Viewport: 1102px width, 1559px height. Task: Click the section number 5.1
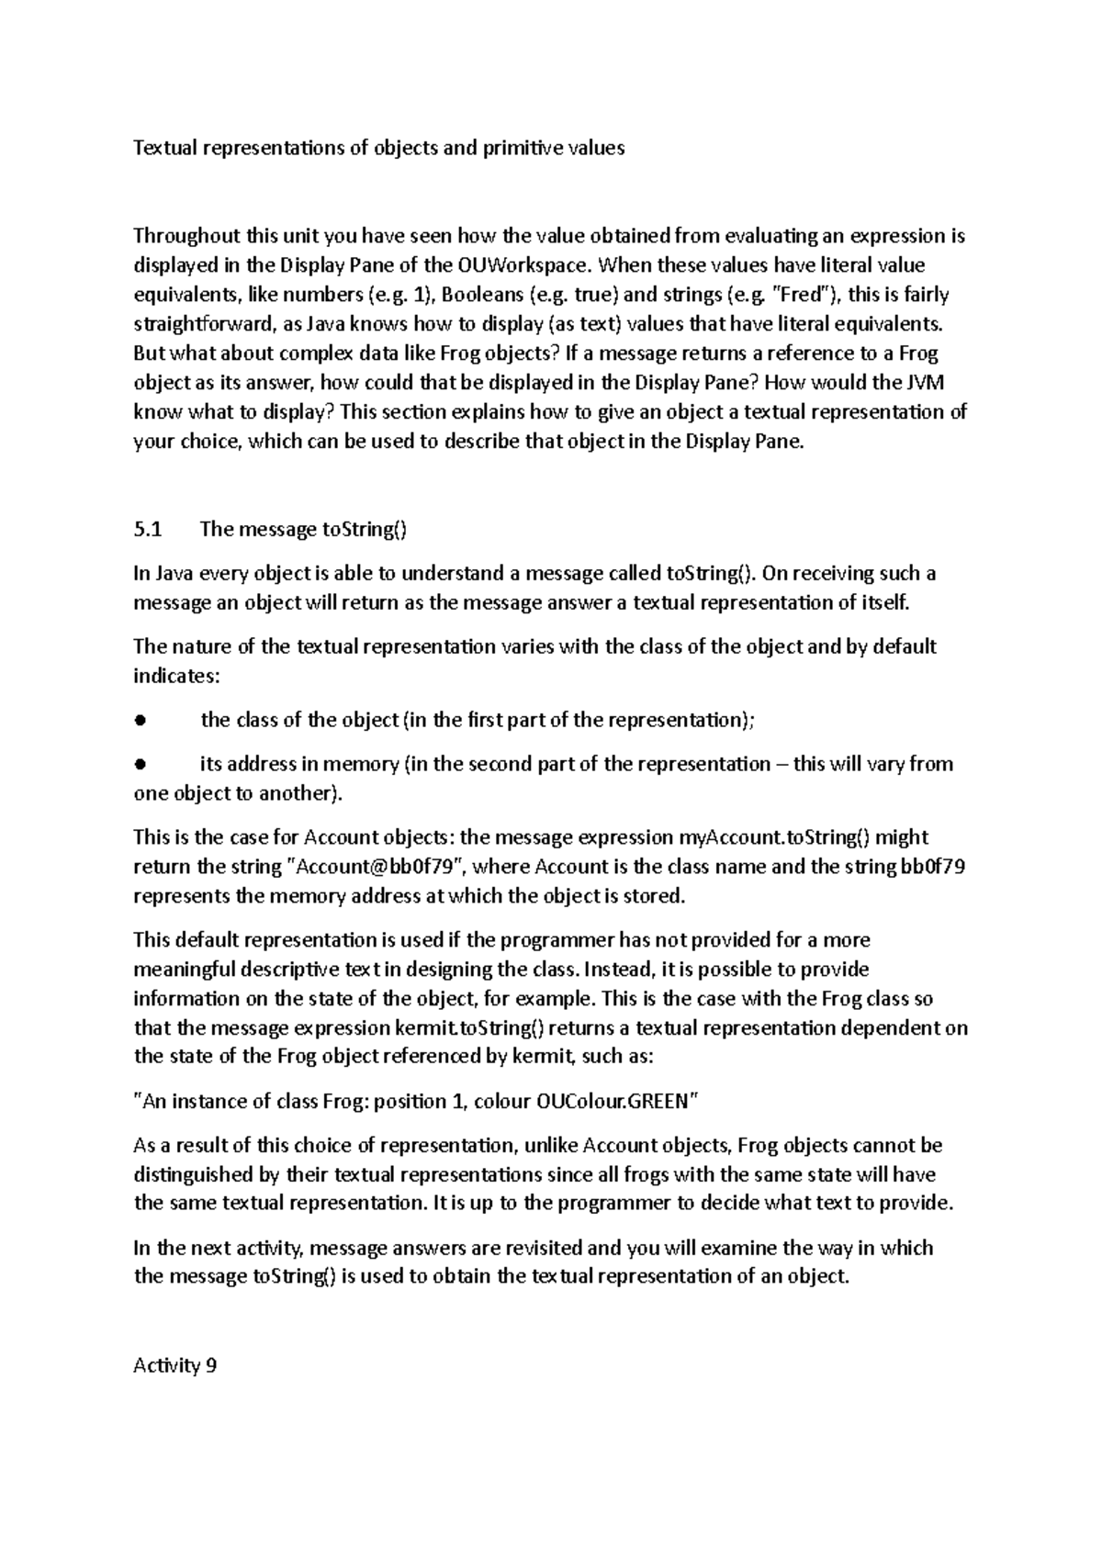pyautogui.click(x=147, y=530)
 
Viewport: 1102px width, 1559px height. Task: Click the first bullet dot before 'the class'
pyautogui.click(x=140, y=721)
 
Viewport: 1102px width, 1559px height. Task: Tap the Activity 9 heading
pyautogui.click(x=175, y=1366)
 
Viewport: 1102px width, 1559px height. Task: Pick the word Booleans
pyautogui.click(x=478, y=296)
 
